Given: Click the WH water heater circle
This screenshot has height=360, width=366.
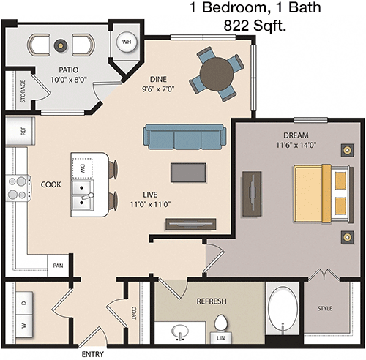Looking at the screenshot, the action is click(x=127, y=42).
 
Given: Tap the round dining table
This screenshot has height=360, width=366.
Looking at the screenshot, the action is click(x=216, y=74).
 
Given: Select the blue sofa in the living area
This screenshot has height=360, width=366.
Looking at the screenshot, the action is click(x=184, y=136).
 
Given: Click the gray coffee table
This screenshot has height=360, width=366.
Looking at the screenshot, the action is click(x=188, y=173).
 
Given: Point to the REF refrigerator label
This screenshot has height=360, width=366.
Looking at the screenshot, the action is click(x=23, y=132).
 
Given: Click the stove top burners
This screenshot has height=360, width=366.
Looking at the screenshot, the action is click(x=18, y=188).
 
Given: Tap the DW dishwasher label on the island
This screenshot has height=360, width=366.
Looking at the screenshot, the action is click(x=83, y=169).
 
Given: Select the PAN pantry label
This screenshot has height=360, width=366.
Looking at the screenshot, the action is click(x=58, y=266).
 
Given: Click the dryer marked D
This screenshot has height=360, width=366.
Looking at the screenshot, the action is click(x=24, y=303).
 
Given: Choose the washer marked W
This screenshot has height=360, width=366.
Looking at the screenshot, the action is click(x=24, y=326).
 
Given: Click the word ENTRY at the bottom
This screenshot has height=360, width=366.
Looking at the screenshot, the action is click(x=93, y=354).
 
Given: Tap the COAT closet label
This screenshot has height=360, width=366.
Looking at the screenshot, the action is click(x=134, y=313).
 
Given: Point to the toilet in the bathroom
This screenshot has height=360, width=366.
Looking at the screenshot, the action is click(x=221, y=325).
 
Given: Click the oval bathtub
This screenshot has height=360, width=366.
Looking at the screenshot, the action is click(x=283, y=310).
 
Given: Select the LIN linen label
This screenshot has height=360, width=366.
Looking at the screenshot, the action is click(x=221, y=338).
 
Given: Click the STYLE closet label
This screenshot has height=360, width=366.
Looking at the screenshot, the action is click(x=325, y=308).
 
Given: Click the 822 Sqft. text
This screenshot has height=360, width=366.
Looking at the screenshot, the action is click(x=255, y=26).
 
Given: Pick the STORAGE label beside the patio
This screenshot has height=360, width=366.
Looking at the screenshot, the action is click(x=23, y=91).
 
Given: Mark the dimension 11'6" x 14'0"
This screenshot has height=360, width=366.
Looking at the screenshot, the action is click(x=296, y=145).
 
